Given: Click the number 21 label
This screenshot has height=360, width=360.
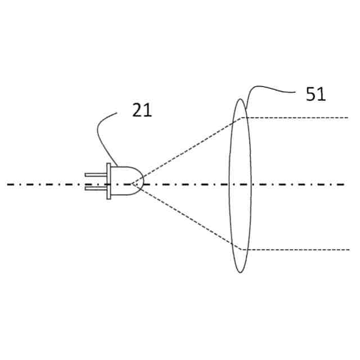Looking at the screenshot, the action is coord(142,110).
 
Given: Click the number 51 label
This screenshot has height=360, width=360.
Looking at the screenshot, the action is coord(316,94).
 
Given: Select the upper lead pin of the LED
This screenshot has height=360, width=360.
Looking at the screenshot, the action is coord(96,175).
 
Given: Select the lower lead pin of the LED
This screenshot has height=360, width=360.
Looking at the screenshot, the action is coord(96,188).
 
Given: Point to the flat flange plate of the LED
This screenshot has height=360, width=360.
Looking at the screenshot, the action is coord(109,181).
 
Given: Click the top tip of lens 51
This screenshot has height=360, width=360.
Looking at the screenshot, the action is coord(241,100).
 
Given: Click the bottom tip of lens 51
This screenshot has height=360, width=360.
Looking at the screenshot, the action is coord(241,272).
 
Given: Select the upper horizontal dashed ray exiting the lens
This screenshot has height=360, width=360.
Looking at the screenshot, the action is coord(298,118).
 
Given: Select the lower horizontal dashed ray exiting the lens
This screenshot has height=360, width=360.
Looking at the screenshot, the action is coord(298,249).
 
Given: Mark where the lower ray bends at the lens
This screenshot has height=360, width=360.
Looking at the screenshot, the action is coord(242,249).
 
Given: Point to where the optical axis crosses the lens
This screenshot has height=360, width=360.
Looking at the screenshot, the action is coord(241,184).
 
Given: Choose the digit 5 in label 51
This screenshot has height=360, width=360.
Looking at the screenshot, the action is coord(311,94).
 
